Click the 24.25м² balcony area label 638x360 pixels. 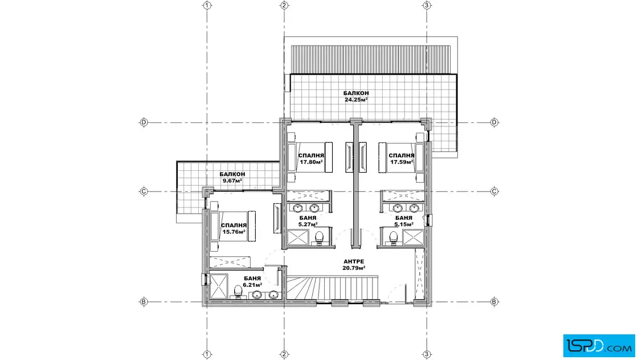[355, 96]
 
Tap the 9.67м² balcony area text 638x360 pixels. [232, 177]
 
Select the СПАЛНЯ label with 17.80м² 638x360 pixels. [311, 159]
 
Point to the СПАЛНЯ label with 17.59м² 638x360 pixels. [402, 159]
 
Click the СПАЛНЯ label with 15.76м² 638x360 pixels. [234, 228]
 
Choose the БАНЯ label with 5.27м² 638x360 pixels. [308, 221]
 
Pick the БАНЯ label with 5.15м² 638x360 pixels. [404, 221]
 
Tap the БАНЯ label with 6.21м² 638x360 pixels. [252, 281]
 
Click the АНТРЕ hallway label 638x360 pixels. [354, 264]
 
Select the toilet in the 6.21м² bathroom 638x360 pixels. [238, 292]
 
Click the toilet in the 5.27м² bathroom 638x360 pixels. [319, 238]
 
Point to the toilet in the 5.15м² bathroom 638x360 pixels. [393, 238]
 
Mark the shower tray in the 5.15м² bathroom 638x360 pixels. [414, 238]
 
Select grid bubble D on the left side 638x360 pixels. [143, 122]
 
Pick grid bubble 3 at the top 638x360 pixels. [427, 5]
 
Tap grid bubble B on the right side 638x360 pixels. [494, 302]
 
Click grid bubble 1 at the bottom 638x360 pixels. [207, 354]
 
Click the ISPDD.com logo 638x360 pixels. [599, 346]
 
